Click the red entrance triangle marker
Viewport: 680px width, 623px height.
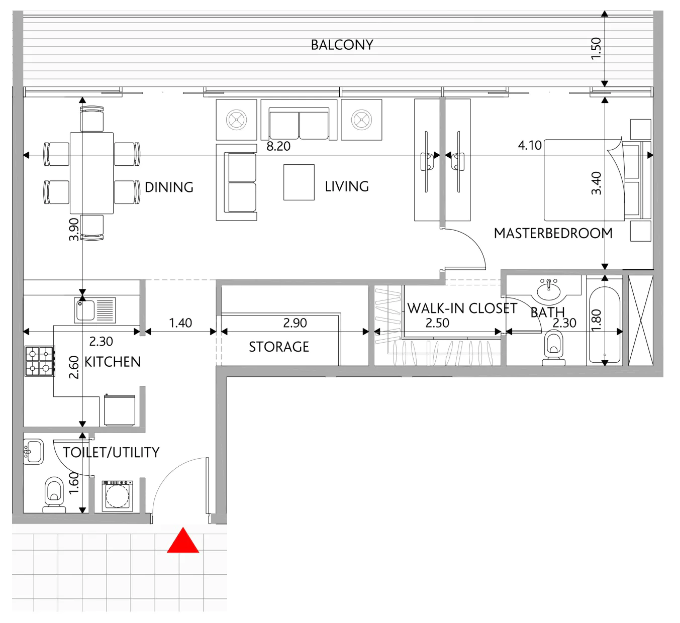point(183,541)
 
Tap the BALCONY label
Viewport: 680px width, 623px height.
point(342,45)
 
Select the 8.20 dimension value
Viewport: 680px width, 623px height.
point(278,146)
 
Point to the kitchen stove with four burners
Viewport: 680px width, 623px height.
point(40,361)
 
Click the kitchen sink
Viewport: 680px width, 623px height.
point(95,310)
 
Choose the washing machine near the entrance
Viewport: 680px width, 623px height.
point(118,495)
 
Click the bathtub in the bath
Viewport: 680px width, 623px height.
point(605,325)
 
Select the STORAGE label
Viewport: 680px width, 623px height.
point(279,347)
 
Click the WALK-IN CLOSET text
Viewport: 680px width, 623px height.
point(462,308)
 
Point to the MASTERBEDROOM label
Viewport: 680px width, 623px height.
point(553,233)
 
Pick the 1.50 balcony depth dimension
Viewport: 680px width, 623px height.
point(596,49)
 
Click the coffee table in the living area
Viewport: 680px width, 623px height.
point(299,182)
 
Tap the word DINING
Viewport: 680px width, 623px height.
point(169,187)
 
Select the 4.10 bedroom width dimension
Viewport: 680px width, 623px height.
point(530,145)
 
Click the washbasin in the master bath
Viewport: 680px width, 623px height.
point(549,291)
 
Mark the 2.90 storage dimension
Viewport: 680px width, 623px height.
point(295,323)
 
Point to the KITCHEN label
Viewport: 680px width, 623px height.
point(113,362)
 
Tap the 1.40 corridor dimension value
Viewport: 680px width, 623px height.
point(180,323)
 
